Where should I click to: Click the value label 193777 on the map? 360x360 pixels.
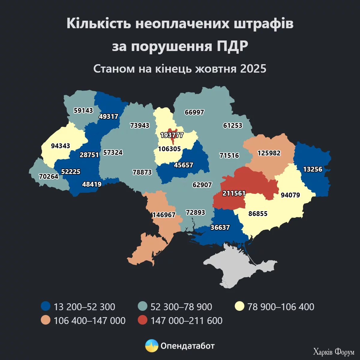(x=172, y=135)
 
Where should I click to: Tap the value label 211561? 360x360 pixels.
(x=234, y=193)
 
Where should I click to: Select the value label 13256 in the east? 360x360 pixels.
(x=313, y=169)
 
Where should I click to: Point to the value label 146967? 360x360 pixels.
(x=164, y=215)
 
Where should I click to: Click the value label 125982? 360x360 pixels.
(x=269, y=153)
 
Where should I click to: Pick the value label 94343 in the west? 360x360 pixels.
(x=61, y=146)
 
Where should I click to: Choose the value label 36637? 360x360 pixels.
(x=220, y=227)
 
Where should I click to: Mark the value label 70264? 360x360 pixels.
(x=49, y=176)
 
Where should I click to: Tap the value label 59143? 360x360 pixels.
(x=83, y=110)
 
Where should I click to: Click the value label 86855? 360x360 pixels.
(x=258, y=214)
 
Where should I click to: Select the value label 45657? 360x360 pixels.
(x=184, y=165)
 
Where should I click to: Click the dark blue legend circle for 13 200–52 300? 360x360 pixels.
(x=46, y=307)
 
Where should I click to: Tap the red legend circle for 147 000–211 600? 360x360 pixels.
(x=143, y=320)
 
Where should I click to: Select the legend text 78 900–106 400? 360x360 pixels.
(x=280, y=307)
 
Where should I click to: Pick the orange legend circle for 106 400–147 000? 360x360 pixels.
(x=46, y=320)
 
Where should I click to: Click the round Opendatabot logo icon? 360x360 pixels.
(x=152, y=346)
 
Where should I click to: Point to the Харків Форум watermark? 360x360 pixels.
(x=334, y=352)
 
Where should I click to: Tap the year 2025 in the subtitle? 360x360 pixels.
(x=253, y=69)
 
